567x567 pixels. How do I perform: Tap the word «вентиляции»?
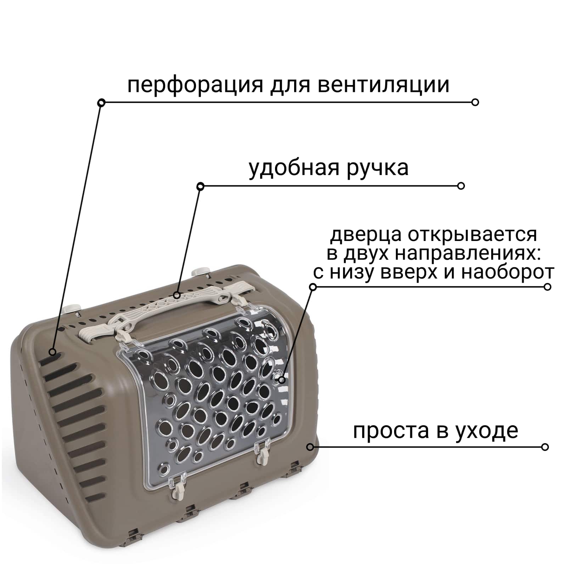click(383, 85)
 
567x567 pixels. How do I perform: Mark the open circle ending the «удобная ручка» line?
click(461, 186)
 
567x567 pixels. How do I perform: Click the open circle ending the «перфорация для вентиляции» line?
click(475, 102)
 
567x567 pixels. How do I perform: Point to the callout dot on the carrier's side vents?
click(52, 352)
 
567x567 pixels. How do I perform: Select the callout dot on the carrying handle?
click(177, 295)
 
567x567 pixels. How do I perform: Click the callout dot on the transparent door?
click(282, 380)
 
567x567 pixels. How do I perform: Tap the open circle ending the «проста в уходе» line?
click(545, 447)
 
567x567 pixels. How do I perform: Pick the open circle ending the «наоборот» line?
click(548, 287)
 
